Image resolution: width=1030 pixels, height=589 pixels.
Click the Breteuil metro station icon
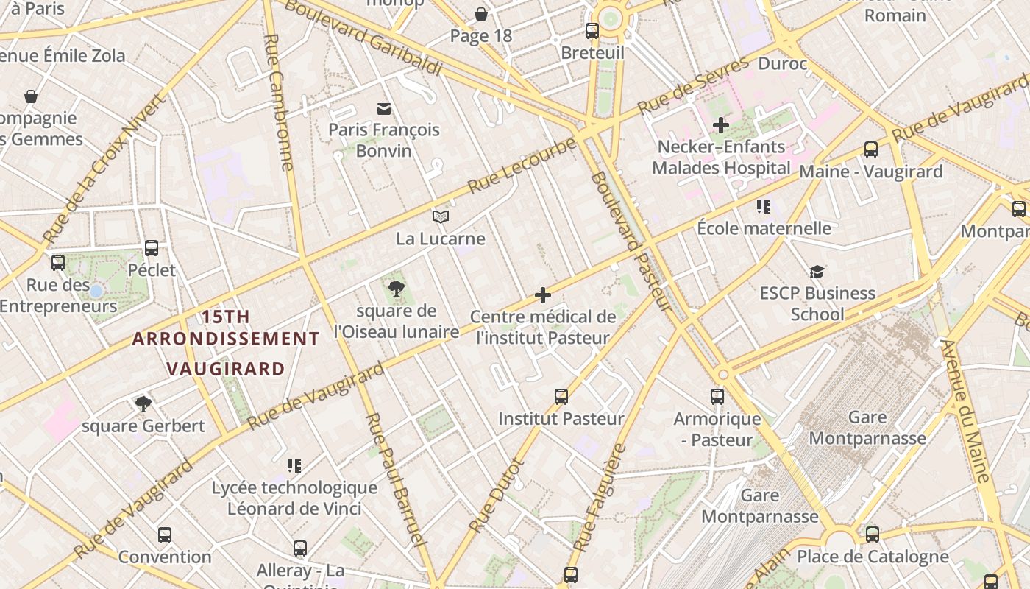[x=592, y=31]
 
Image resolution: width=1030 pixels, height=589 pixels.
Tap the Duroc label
[x=782, y=64]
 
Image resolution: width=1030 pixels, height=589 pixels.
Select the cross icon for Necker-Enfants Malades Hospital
[x=720, y=125]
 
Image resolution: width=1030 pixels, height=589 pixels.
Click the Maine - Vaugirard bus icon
[x=870, y=149]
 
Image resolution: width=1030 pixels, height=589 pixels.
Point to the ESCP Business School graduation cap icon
[x=817, y=272]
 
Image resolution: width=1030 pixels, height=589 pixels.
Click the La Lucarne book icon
[x=441, y=216]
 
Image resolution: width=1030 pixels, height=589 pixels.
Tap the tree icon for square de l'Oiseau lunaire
[x=397, y=288]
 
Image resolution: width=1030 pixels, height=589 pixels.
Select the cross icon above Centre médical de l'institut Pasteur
[x=543, y=295]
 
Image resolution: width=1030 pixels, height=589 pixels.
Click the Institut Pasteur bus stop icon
[x=561, y=397]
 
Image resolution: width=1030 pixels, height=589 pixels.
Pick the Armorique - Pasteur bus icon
[x=717, y=397]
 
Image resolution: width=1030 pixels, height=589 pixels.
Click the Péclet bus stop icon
[x=152, y=248]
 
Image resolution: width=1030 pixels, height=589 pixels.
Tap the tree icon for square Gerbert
[x=143, y=403]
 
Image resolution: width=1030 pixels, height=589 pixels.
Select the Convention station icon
[x=165, y=535]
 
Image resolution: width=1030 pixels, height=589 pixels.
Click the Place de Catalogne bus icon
[x=873, y=535]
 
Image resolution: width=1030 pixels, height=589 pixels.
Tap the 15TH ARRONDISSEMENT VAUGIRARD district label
[x=226, y=342]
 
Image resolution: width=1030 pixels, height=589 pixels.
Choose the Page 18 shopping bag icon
[x=481, y=14]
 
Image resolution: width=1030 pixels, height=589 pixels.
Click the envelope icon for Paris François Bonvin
[x=383, y=108]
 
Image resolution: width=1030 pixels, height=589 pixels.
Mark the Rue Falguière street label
[x=600, y=498]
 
